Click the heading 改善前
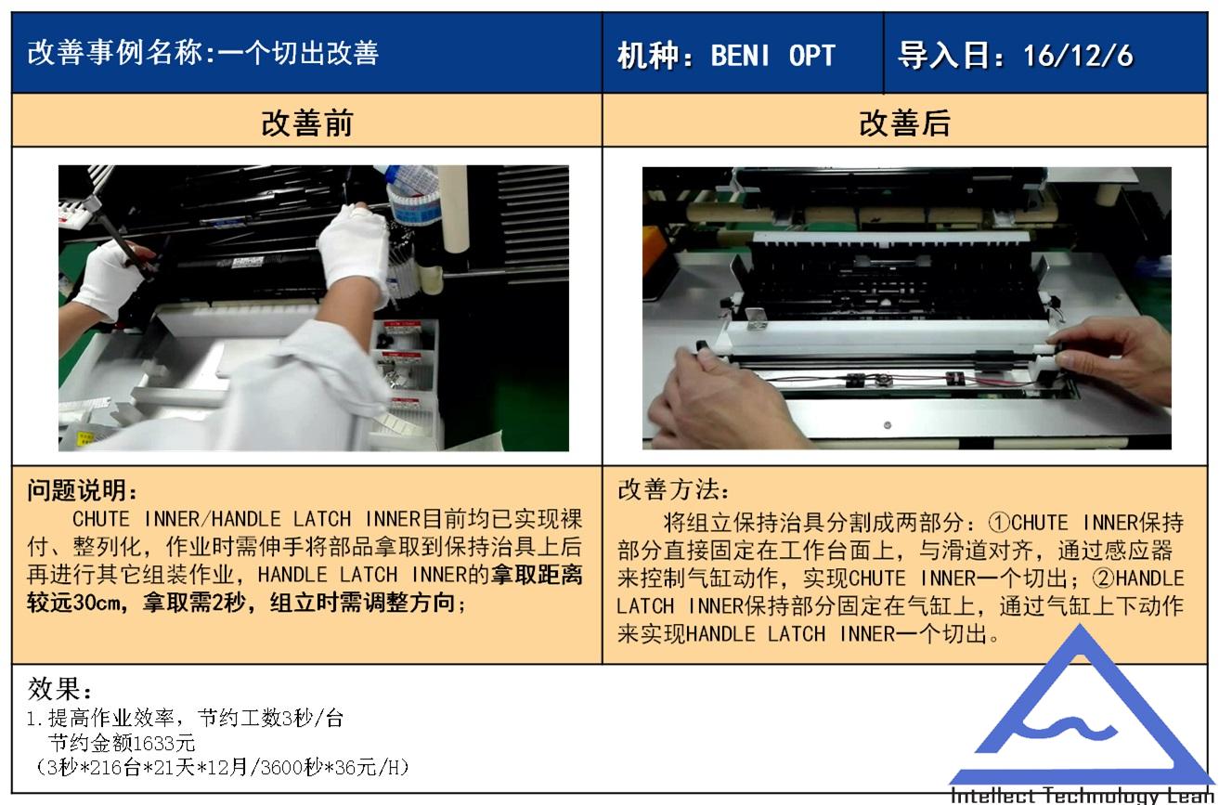tap(307, 123)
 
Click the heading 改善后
tap(904, 123)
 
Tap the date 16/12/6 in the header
tap(1078, 56)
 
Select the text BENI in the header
tap(741, 56)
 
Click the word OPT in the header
tap(812, 56)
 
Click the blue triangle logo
tap(1081, 708)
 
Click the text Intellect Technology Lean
tap(1082, 795)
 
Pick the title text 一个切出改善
tap(298, 53)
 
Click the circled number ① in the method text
tap(999, 523)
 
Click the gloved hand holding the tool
tap(111, 278)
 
